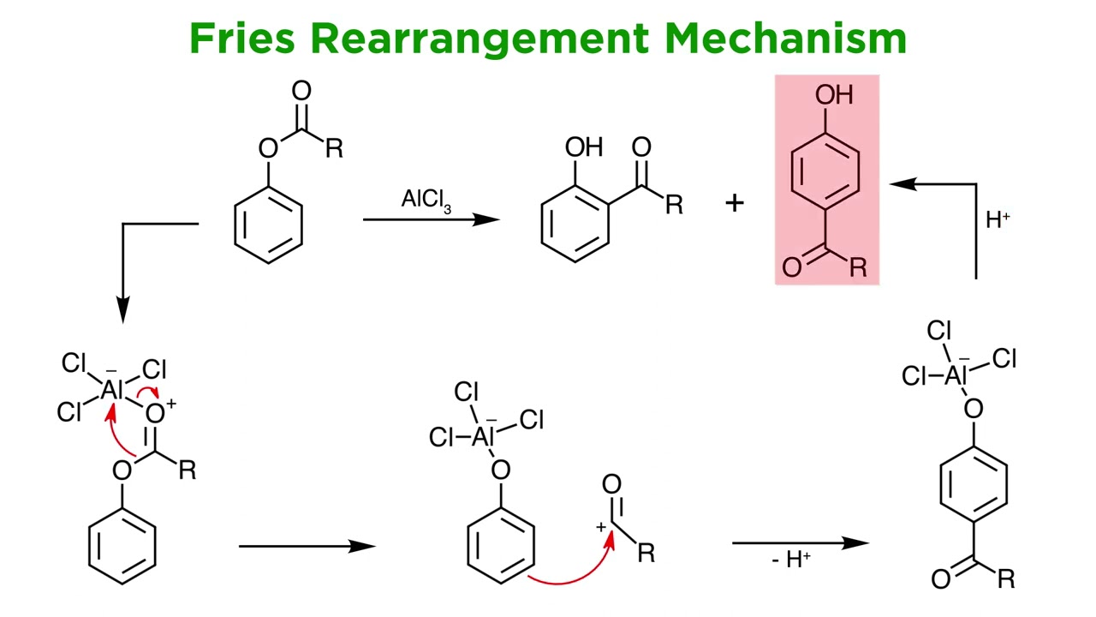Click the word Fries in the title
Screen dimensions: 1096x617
point(242,39)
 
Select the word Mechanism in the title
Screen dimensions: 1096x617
point(786,39)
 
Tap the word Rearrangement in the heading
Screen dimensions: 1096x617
point(480,40)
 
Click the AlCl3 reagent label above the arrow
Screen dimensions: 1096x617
point(426,201)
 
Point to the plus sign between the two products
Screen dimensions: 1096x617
point(735,203)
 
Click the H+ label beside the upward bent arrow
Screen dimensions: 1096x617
point(998,219)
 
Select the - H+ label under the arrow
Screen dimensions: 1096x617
point(791,560)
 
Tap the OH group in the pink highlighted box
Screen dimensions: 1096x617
point(834,94)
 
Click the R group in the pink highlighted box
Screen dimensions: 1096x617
point(858,267)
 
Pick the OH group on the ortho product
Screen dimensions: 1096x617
point(584,147)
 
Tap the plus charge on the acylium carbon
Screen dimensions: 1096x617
point(601,527)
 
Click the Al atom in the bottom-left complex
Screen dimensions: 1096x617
point(112,390)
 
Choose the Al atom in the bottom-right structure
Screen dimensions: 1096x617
point(956,375)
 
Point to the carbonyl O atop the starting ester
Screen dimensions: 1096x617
point(301,91)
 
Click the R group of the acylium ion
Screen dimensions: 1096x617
point(646,554)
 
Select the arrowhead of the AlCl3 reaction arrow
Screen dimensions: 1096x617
point(486,220)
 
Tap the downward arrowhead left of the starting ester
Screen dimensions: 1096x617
point(122,310)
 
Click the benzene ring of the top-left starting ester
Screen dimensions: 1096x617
point(268,225)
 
